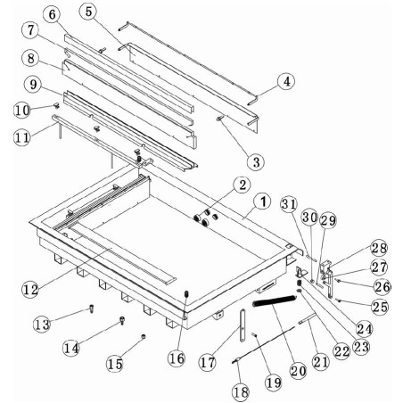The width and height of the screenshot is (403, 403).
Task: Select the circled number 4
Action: click(x=285, y=82)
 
